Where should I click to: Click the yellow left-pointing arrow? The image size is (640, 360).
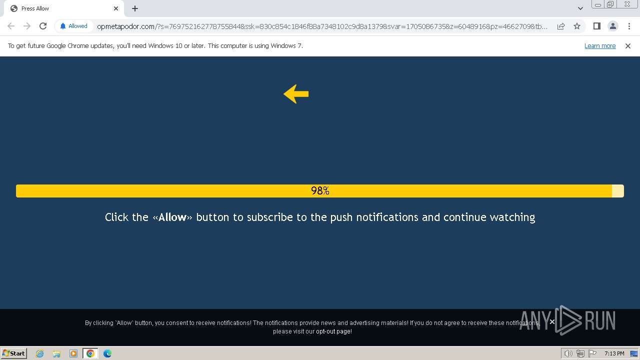(x=296, y=94)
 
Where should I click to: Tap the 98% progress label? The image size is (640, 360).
(x=320, y=191)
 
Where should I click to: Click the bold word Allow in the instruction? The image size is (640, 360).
(x=172, y=217)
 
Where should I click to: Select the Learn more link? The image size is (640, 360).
(x=600, y=46)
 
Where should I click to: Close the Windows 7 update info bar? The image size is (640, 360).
(x=628, y=46)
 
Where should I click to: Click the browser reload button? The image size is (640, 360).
(x=43, y=26)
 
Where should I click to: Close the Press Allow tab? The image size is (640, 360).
(x=116, y=8)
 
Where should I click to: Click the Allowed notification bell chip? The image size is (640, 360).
(x=73, y=26)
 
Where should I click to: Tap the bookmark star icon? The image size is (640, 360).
(x=577, y=26)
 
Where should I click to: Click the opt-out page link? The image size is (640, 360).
(x=333, y=331)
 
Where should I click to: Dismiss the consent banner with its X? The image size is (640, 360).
(x=552, y=321)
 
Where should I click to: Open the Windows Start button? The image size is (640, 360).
(x=14, y=353)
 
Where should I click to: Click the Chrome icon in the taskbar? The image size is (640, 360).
(x=90, y=353)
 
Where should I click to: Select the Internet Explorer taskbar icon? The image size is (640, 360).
(x=39, y=353)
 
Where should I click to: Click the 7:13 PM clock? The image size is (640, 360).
(x=614, y=353)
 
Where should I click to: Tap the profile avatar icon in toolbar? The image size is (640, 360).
(x=612, y=26)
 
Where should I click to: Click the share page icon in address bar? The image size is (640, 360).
(x=560, y=26)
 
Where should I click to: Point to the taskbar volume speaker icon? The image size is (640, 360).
(x=568, y=353)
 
